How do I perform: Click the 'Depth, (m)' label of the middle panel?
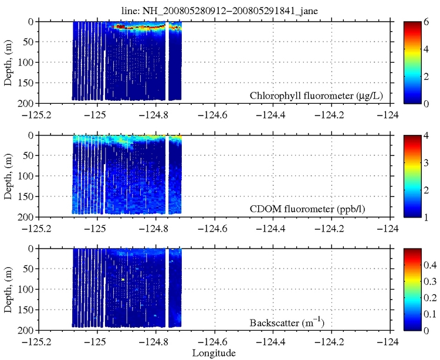pyautogui.click(x=8, y=176)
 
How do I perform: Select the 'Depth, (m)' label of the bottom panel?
pyautogui.click(x=8, y=290)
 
